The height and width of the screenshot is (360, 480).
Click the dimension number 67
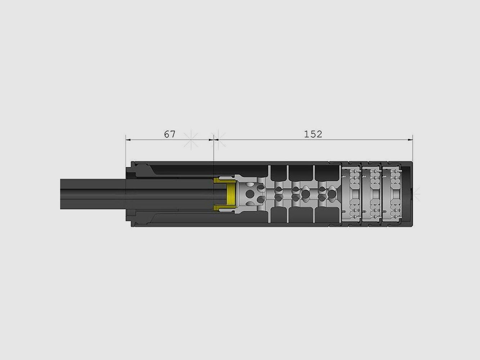(170, 134)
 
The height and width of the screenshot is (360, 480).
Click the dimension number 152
(313, 134)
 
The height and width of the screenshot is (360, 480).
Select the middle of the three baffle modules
(371, 194)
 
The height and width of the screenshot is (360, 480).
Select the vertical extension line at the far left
(125, 151)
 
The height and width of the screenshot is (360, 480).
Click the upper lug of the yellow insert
(218, 180)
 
